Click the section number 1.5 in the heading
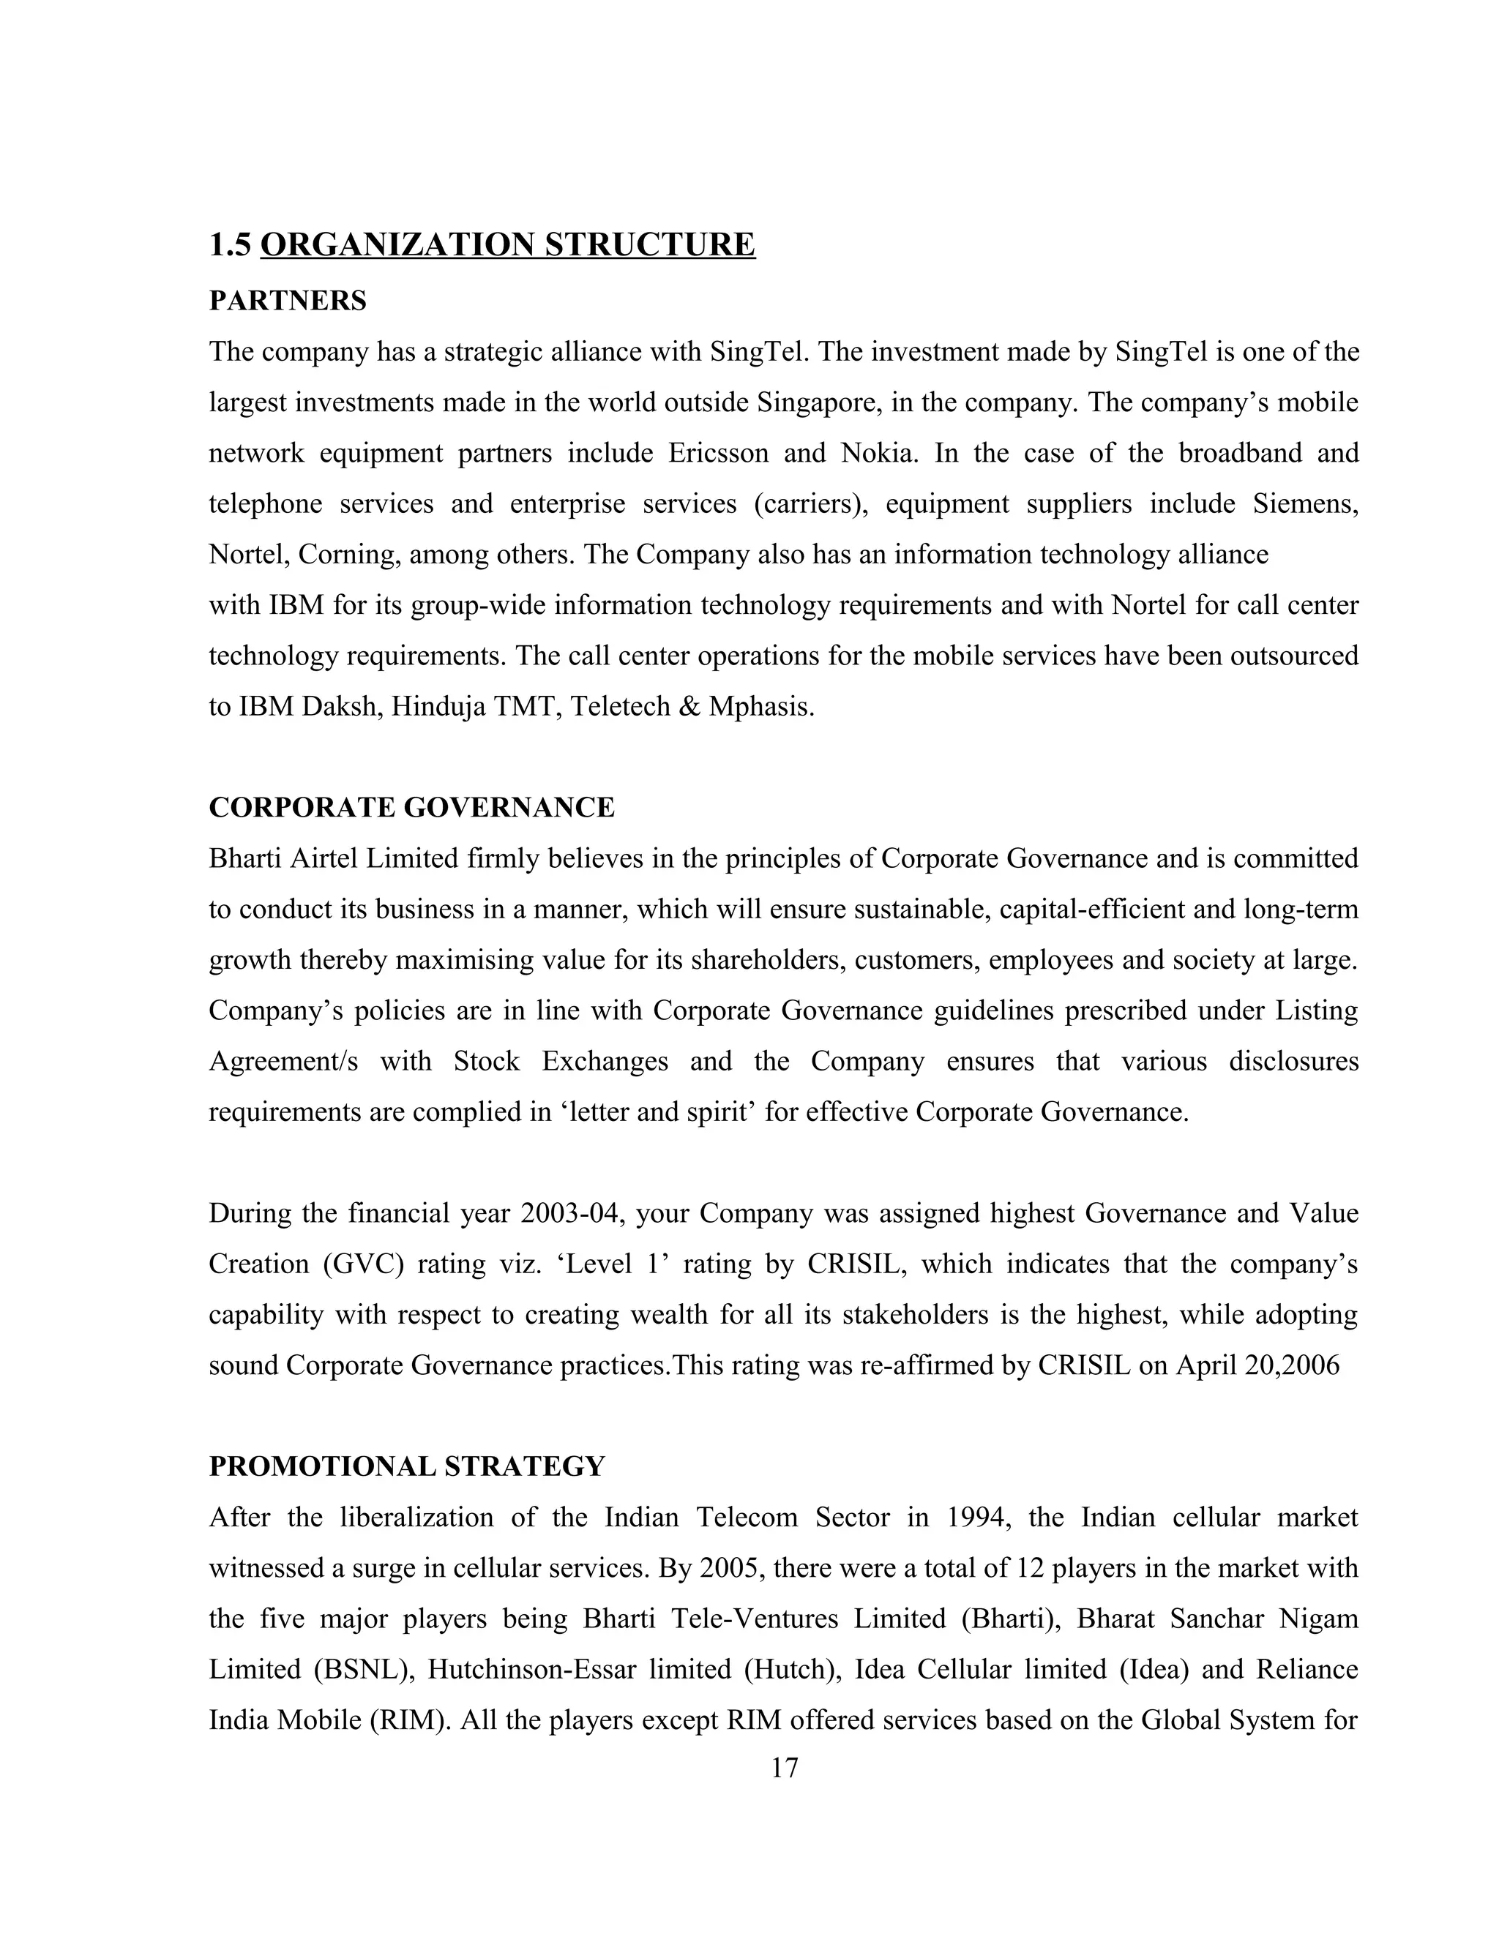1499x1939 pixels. point(231,244)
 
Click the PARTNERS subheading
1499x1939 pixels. point(288,301)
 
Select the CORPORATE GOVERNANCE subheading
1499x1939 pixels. point(411,807)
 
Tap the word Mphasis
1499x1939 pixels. point(760,707)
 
